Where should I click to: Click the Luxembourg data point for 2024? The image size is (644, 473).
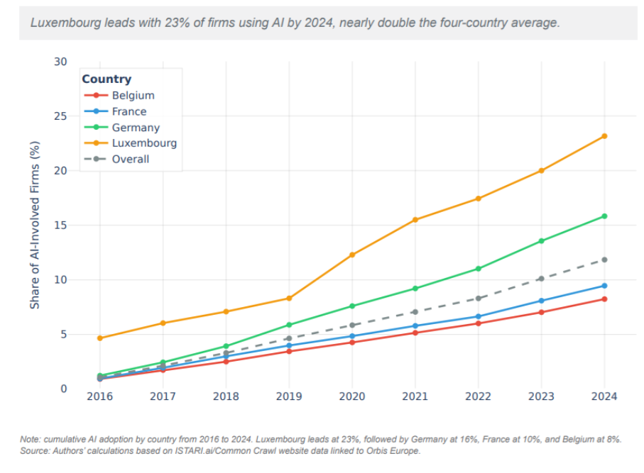click(604, 136)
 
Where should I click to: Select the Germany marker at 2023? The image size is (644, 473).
click(541, 241)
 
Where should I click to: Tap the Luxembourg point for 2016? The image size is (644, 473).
click(100, 338)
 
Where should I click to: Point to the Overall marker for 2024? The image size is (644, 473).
click(604, 260)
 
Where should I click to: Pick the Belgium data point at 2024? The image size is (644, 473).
click(604, 299)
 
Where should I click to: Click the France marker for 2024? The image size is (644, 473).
click(604, 286)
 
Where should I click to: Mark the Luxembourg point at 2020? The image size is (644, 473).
click(352, 255)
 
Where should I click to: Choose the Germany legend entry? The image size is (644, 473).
click(135, 128)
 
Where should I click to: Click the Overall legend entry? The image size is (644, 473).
click(130, 160)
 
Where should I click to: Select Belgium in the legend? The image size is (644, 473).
click(133, 96)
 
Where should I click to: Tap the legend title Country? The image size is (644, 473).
click(107, 79)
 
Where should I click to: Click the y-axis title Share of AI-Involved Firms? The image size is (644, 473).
click(34, 225)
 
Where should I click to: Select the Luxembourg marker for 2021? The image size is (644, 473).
click(415, 220)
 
